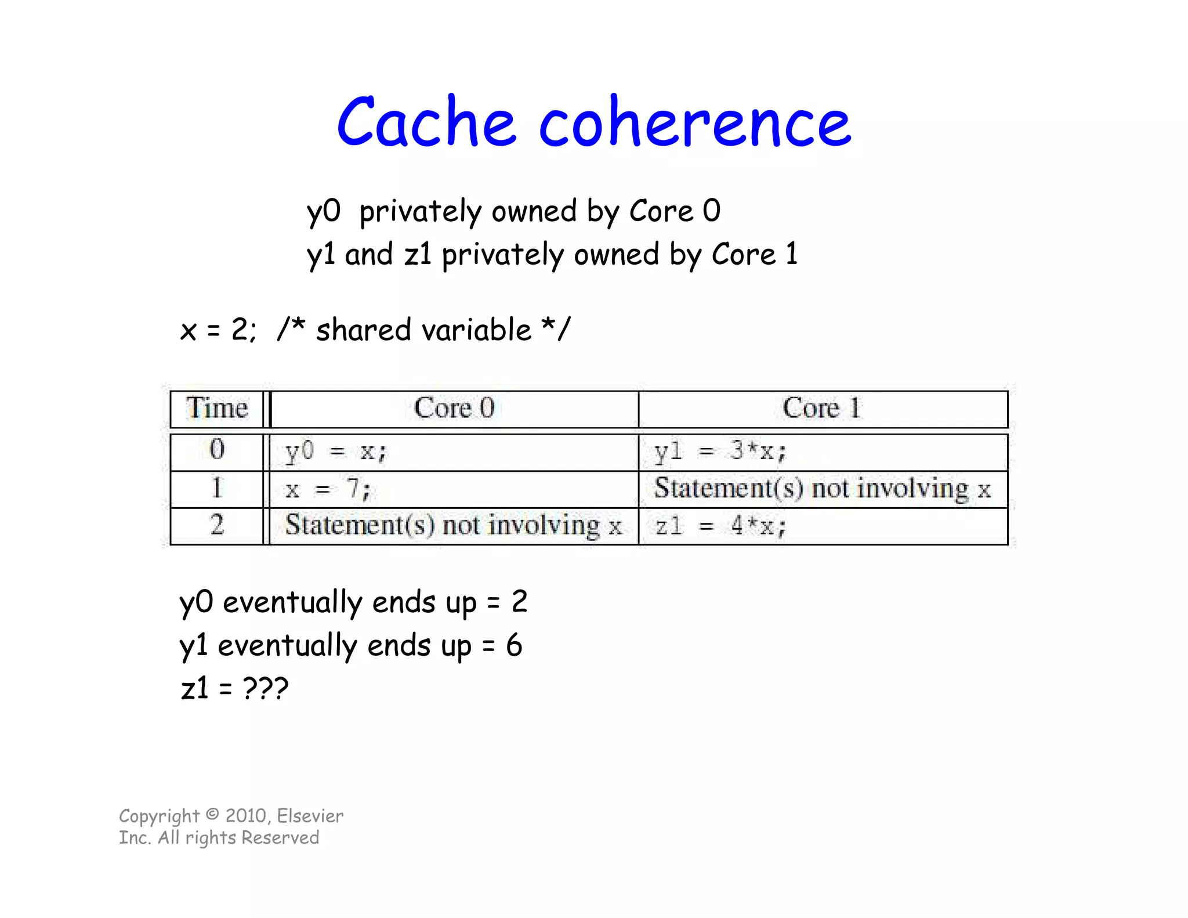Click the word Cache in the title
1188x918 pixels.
pos(426,122)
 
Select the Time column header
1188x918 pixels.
pos(217,408)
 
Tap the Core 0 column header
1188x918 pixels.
pos(454,408)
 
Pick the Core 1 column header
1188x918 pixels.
pos(822,408)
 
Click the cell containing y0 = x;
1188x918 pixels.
pos(336,451)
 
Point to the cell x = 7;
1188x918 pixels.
pos(328,489)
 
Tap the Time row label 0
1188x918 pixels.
pos(217,450)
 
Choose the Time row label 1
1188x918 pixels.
pos(217,488)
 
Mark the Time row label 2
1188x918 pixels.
pos(217,525)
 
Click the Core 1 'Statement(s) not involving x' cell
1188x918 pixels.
pos(822,489)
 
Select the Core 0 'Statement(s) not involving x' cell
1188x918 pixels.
pos(453,526)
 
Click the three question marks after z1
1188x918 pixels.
pos(265,689)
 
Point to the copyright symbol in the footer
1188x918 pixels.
pos(213,815)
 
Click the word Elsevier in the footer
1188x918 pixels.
pos(310,816)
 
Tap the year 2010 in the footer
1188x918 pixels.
pos(246,816)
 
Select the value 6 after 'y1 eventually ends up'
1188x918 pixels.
pos(514,645)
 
